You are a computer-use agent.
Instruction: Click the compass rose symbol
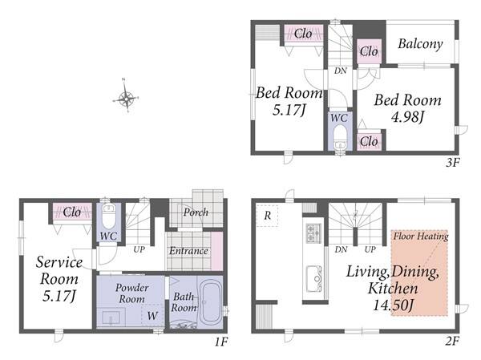[126, 98]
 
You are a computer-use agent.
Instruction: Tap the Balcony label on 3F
[420, 44]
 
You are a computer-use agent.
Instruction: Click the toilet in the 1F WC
[108, 216]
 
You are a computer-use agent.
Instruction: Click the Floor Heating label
[421, 237]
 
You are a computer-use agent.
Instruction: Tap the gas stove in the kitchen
[313, 233]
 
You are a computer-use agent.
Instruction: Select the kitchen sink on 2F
[313, 279]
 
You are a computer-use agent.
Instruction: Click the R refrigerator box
[267, 216]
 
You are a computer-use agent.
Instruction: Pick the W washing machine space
[152, 315]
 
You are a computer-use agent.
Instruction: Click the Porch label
[196, 212]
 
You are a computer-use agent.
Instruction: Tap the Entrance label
[188, 251]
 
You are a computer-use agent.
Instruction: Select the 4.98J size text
[408, 116]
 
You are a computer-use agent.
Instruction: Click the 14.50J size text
[394, 305]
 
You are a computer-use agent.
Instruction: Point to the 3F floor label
[452, 163]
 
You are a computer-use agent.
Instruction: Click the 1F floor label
[221, 342]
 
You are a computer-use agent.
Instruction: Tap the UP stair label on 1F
[139, 249]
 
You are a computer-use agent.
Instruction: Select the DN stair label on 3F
[340, 71]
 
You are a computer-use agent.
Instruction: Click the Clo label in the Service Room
[72, 212]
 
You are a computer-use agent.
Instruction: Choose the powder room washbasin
[111, 318]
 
